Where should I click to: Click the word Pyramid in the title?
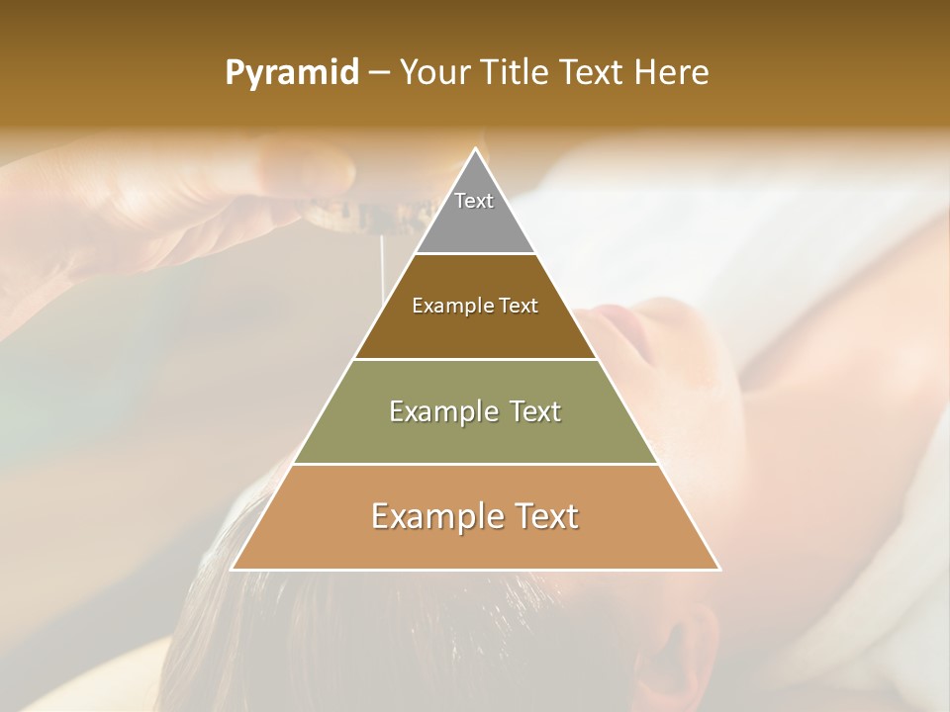[x=292, y=73]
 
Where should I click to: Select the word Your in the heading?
[x=432, y=73]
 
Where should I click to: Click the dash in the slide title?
[x=379, y=73]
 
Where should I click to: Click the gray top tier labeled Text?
[x=475, y=213]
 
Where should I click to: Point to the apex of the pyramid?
[x=475, y=149]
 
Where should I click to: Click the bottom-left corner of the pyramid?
[x=233, y=569]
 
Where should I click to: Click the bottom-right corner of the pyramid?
[x=718, y=569]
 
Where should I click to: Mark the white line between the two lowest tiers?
[x=475, y=464]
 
